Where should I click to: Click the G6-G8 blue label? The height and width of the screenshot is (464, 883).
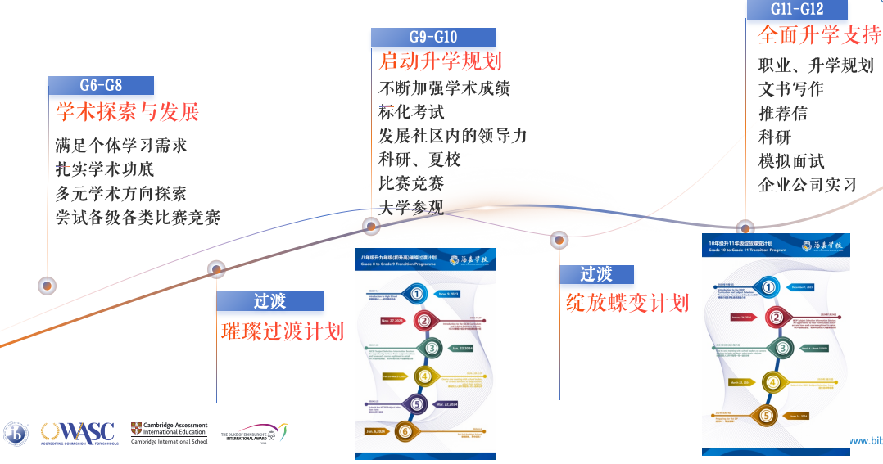pos(101,85)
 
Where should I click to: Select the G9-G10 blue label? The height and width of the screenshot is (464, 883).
pos(432,37)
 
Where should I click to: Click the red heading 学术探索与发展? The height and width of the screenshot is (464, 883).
pos(128,111)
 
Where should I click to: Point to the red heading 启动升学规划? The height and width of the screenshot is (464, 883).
pos(440,61)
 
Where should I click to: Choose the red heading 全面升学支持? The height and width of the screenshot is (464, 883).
pos(819,35)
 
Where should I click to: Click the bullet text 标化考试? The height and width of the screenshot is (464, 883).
pos(411,112)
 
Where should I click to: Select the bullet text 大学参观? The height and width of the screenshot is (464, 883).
pos(411,207)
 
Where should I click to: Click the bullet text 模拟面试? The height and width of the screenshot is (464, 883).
pos(791,160)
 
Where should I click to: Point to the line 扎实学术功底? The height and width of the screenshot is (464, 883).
pos(105,169)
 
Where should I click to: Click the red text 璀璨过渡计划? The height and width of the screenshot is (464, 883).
pos(283,331)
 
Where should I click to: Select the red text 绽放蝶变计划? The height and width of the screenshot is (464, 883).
pos(627,302)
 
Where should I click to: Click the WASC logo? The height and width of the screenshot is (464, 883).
pos(79,432)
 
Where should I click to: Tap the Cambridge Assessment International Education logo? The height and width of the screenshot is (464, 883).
pos(169,432)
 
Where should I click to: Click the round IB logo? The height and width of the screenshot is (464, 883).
pos(16,433)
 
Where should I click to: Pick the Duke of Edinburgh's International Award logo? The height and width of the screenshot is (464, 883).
pos(254,432)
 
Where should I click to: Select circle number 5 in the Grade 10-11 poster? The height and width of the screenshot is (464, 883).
pos(767,416)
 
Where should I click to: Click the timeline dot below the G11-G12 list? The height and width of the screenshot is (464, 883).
pos(745,227)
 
